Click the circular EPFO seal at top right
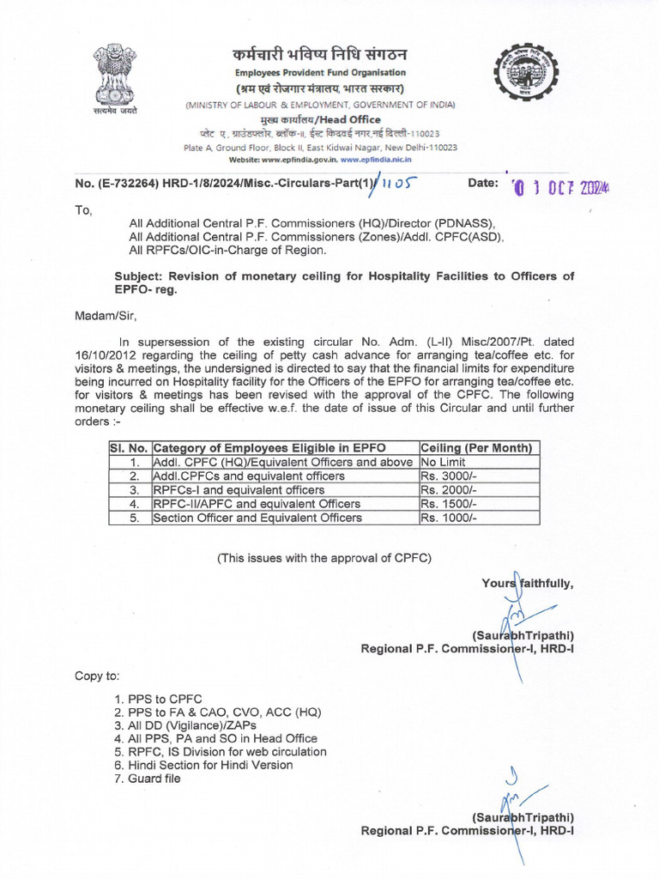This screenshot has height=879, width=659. pyautogui.click(x=525, y=81)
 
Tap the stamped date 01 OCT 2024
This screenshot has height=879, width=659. pyautogui.click(x=564, y=186)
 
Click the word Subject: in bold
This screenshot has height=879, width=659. pyautogui.click(x=142, y=276)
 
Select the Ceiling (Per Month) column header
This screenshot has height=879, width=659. pyautogui.click(x=477, y=448)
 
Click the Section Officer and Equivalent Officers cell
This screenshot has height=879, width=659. pyautogui.click(x=257, y=518)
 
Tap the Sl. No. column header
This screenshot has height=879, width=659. pyautogui.click(x=129, y=448)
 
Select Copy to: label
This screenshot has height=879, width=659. pyautogui.click(x=97, y=676)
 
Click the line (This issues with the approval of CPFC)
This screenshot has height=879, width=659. pyautogui.click(x=324, y=557)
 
